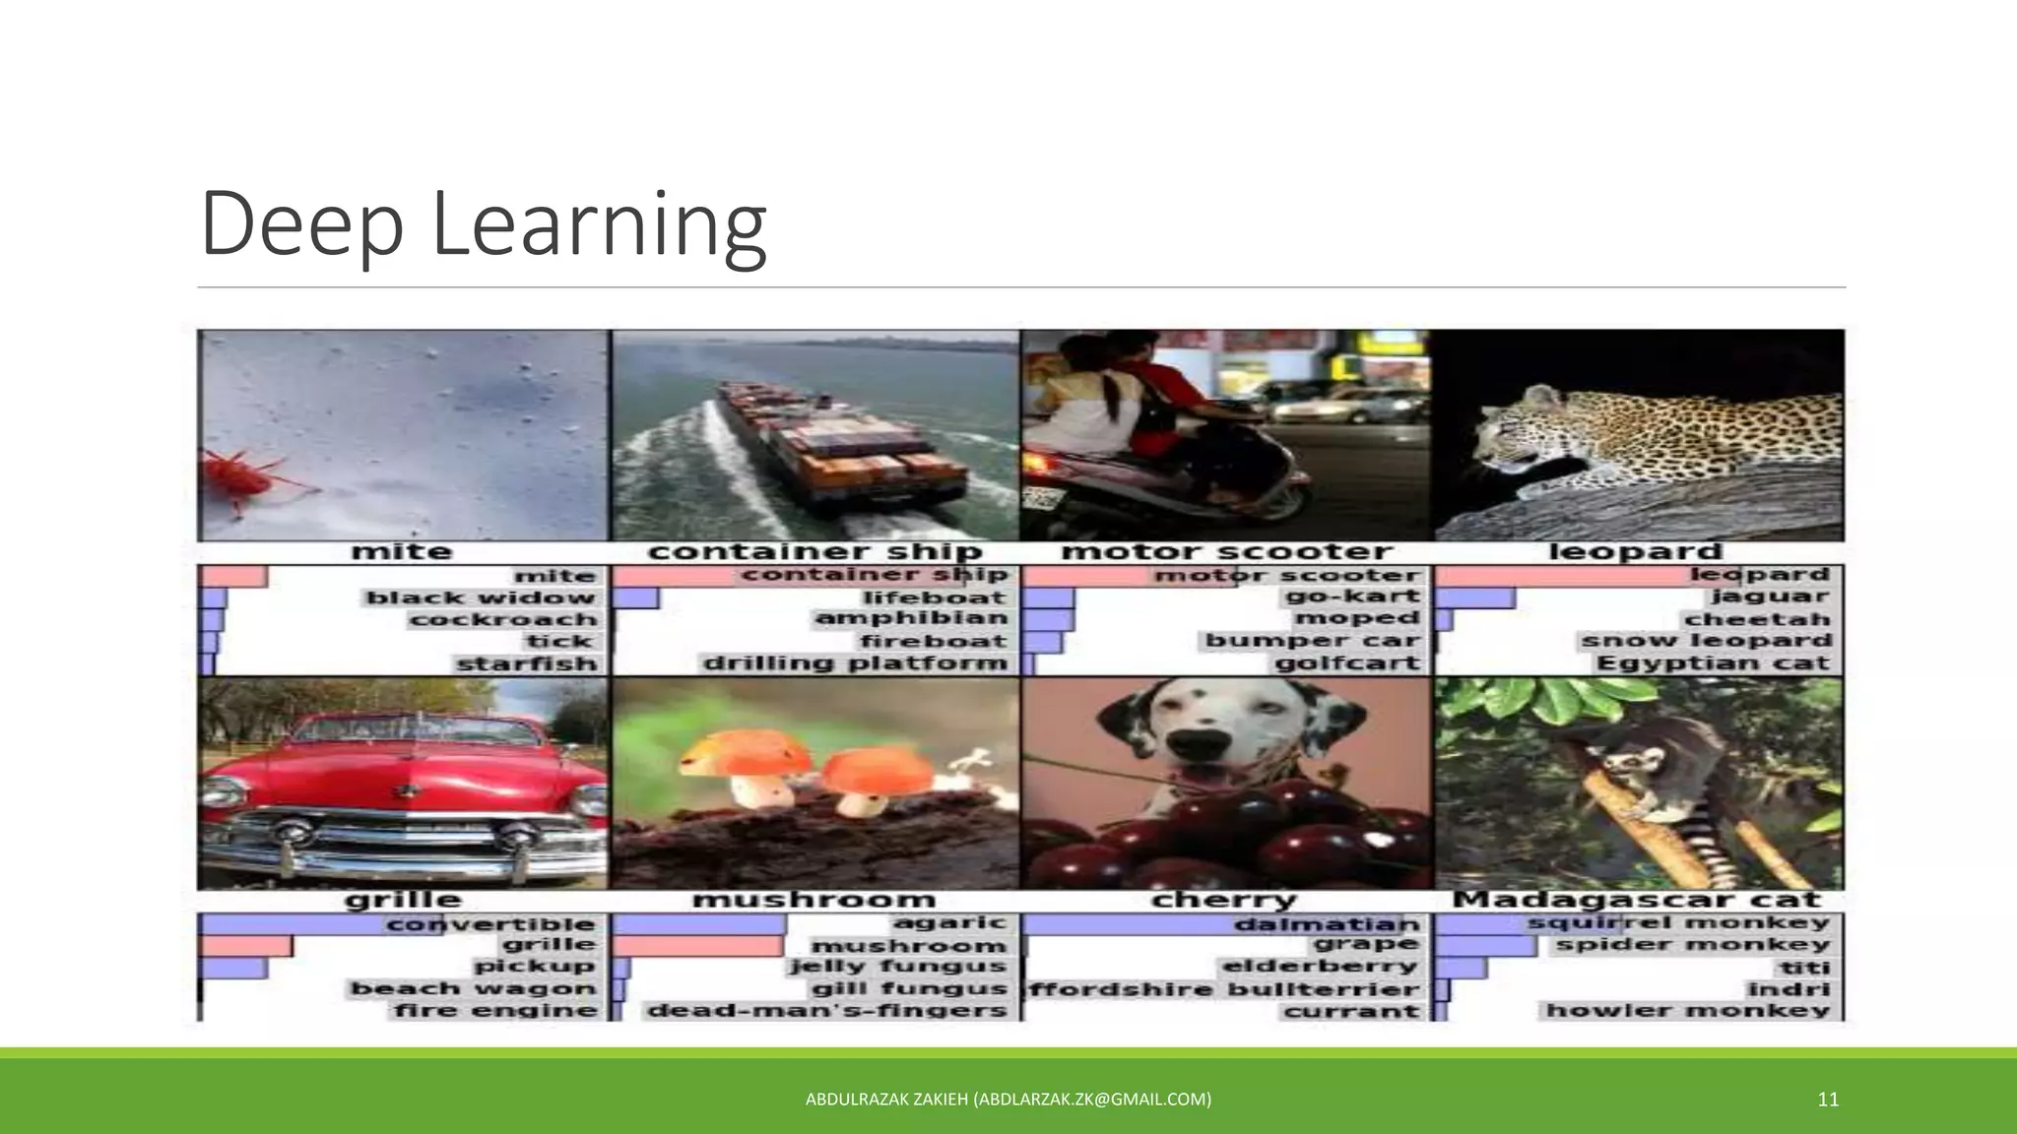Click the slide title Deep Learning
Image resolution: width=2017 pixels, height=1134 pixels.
483,224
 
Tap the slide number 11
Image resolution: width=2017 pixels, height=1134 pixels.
1828,1100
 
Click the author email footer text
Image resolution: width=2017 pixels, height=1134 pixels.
1008,1100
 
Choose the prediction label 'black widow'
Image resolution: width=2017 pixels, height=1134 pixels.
481,598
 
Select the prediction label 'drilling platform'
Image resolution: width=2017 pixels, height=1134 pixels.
855,663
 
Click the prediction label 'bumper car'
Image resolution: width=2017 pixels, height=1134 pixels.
1313,641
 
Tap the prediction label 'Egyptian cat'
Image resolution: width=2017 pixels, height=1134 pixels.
1713,663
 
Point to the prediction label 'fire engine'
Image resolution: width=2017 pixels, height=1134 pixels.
496,1011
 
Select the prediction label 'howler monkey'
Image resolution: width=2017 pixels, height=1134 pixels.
1688,1011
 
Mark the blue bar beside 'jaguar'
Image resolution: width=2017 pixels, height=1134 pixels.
1475,598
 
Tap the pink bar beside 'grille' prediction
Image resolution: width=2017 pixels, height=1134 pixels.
246,945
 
